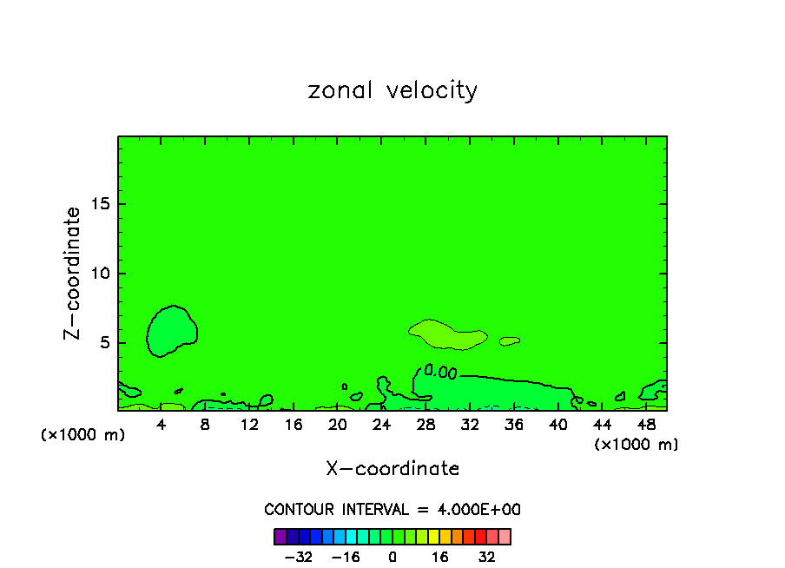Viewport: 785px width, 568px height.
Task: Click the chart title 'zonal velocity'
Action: click(392, 90)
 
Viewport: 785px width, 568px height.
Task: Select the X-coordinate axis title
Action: click(392, 469)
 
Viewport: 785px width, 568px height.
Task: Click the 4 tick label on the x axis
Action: click(162, 425)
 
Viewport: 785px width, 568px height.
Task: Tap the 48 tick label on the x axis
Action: click(646, 425)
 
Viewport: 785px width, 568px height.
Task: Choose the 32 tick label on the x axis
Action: click(470, 425)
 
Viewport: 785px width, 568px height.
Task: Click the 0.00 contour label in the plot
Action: click(440, 373)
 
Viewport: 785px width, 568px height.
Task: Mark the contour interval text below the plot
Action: click(392, 510)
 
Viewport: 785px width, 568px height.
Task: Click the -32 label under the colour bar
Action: click(300, 557)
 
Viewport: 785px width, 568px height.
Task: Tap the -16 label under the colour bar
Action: click(346, 557)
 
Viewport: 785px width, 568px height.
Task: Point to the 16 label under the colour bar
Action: click(441, 557)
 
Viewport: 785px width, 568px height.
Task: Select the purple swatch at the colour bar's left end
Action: click(280, 536)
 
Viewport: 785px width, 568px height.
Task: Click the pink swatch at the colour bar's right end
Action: click(505, 536)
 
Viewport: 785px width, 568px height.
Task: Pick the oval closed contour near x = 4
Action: click(172, 331)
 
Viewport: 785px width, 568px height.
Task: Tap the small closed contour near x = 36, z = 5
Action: click(510, 341)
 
